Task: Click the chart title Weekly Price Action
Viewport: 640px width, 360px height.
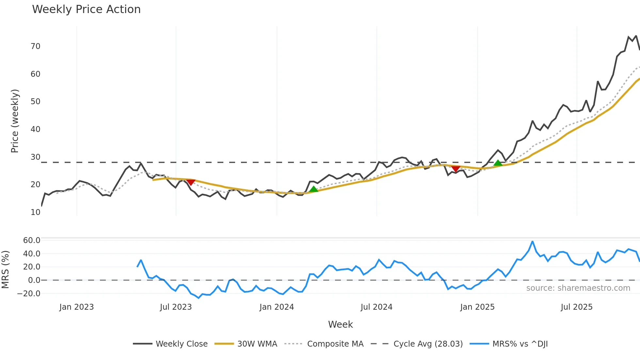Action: click(x=86, y=9)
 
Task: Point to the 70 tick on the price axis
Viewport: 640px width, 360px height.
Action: click(x=36, y=46)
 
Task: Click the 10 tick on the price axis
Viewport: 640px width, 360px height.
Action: click(x=36, y=212)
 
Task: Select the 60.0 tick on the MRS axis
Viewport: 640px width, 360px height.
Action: click(x=32, y=240)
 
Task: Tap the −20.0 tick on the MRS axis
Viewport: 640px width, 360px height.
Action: click(x=29, y=294)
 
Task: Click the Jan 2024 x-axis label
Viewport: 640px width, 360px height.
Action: click(x=277, y=307)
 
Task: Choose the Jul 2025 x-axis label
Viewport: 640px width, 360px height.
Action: click(x=576, y=307)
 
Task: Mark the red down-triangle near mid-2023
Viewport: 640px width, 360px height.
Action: click(x=191, y=182)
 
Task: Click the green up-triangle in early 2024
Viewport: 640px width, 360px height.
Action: click(x=313, y=189)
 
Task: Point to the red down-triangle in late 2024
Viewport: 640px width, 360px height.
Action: click(x=456, y=169)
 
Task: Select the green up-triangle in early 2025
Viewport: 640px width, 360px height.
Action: click(x=498, y=163)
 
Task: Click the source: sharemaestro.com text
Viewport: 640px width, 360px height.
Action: click(x=578, y=288)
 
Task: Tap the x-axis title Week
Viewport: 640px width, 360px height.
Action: click(x=340, y=324)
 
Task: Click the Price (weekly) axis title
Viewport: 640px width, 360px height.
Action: click(x=15, y=121)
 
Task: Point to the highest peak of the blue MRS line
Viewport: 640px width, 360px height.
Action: click(x=533, y=241)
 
